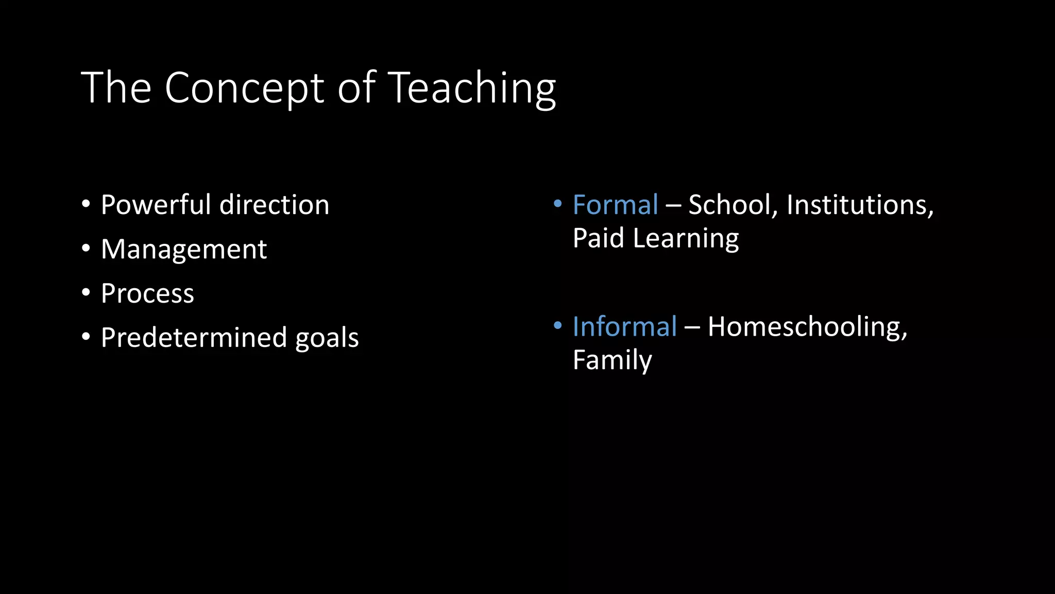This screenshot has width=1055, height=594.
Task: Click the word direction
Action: tap(275, 205)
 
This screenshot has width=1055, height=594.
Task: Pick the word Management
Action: tap(184, 249)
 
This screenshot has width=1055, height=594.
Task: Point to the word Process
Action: tap(147, 293)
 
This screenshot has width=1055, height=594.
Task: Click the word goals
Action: tap(327, 339)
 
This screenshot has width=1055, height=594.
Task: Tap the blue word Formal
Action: tap(615, 205)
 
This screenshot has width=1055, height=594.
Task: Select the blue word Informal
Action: tap(624, 326)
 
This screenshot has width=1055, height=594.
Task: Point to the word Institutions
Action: tap(859, 205)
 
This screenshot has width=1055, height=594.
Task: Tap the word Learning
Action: tap(686, 239)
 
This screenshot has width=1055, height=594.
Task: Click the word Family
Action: tap(612, 360)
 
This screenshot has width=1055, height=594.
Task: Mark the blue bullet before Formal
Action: tap(557, 204)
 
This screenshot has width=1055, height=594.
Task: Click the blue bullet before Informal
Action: tap(557, 326)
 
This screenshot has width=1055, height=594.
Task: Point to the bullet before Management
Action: tap(86, 249)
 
